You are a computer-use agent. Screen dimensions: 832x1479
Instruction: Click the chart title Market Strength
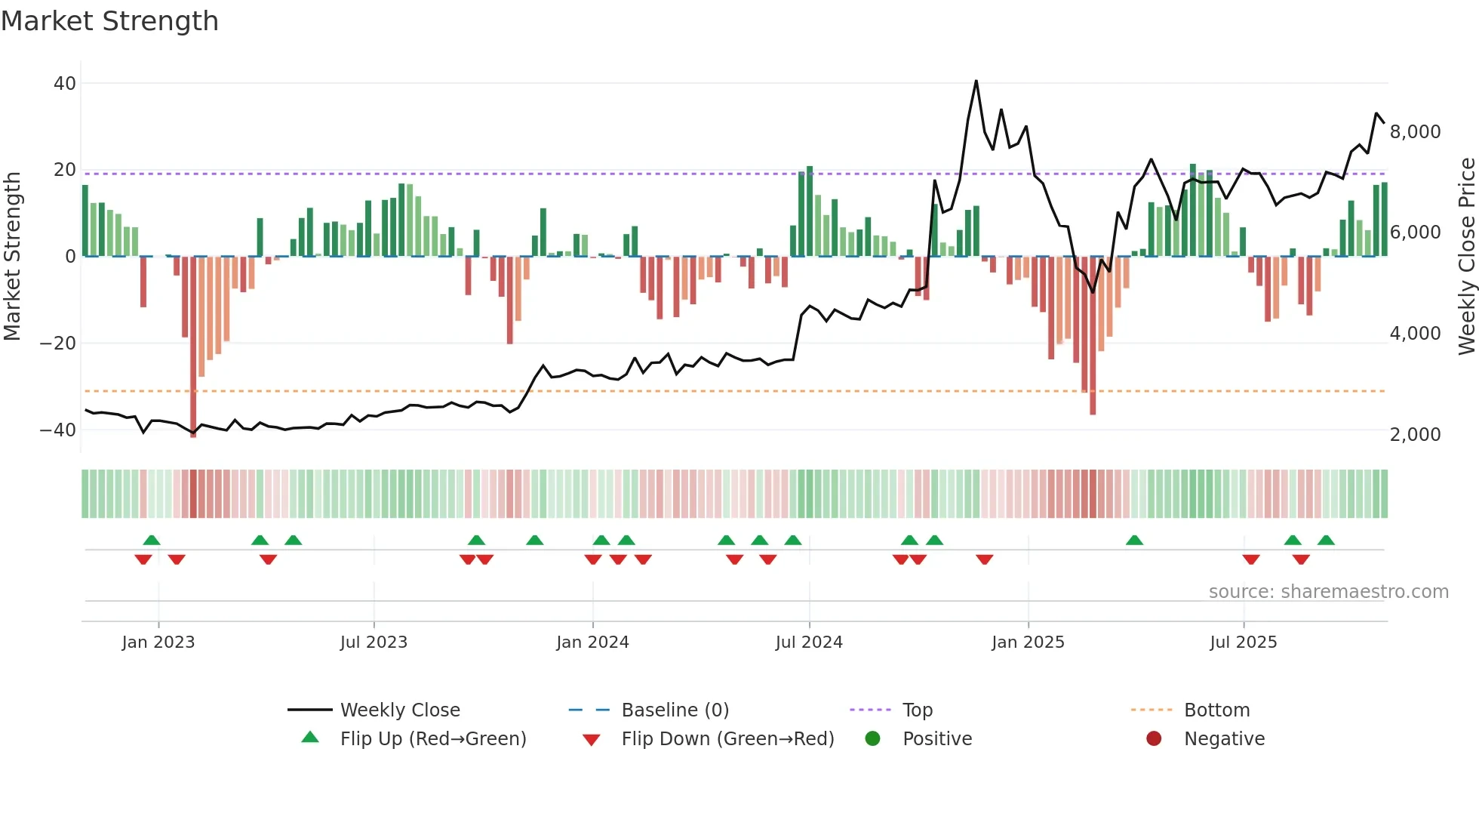pyautogui.click(x=109, y=21)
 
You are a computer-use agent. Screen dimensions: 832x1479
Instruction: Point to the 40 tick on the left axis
pyautogui.click(x=65, y=84)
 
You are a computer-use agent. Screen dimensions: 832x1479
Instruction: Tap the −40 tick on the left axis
pyautogui.click(x=58, y=430)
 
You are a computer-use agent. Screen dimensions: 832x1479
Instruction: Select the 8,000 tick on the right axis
pyautogui.click(x=1415, y=132)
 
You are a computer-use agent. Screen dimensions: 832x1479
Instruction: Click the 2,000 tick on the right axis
pyautogui.click(x=1415, y=435)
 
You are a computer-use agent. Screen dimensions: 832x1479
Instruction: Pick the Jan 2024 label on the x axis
pyautogui.click(x=592, y=642)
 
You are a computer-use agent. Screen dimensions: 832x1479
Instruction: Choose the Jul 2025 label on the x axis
pyautogui.click(x=1243, y=642)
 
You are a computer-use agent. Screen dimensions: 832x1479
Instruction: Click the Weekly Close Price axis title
pyautogui.click(x=1466, y=257)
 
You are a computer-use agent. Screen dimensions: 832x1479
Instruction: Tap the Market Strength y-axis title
pyautogui.click(x=13, y=257)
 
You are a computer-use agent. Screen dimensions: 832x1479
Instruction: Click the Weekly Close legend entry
pyautogui.click(x=399, y=710)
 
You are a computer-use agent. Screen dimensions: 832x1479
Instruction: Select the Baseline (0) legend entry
pyautogui.click(x=675, y=710)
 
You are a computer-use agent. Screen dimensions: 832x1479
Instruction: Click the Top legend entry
pyautogui.click(x=917, y=710)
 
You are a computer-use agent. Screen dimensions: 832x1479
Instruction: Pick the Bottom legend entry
pyautogui.click(x=1216, y=710)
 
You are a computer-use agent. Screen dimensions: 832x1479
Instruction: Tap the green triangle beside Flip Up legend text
pyautogui.click(x=310, y=738)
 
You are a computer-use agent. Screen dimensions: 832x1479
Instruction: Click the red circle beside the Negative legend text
pyautogui.click(x=1154, y=739)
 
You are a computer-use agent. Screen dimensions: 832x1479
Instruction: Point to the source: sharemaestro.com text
pyautogui.click(x=1328, y=592)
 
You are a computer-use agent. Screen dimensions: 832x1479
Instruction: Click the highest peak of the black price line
pyautogui.click(x=976, y=81)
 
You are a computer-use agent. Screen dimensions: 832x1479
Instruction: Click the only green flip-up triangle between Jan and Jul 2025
pyautogui.click(x=1134, y=541)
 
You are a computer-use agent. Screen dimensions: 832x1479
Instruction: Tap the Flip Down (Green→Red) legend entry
pyautogui.click(x=727, y=739)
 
